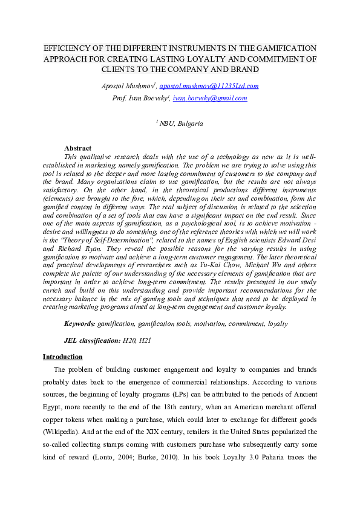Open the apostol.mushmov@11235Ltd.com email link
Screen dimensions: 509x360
(x=209, y=86)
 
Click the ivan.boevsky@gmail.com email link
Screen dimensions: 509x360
(x=209, y=98)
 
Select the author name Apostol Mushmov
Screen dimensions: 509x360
(x=128, y=86)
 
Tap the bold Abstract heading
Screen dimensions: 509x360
(x=77, y=148)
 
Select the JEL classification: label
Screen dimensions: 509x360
(x=92, y=341)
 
